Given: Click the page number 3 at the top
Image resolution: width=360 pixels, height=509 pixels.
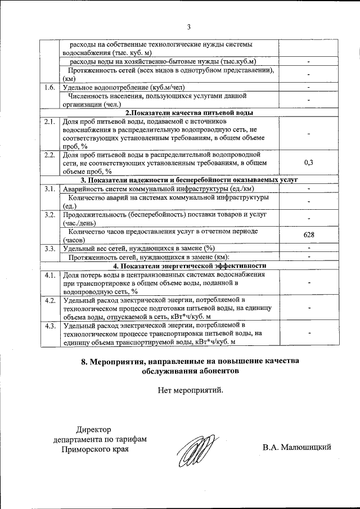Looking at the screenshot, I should pyautogui.click(x=189, y=27).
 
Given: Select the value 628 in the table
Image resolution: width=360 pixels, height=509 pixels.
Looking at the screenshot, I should pyautogui.click(x=308, y=235).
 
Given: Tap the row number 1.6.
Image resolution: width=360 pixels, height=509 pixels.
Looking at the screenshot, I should pyautogui.click(x=49, y=88).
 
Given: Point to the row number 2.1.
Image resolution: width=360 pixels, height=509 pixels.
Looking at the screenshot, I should pyautogui.click(x=49, y=121).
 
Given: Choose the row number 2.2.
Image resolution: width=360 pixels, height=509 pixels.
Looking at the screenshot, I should pyautogui.click(x=49, y=154).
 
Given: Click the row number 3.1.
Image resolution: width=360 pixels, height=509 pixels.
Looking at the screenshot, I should pyautogui.click(x=49, y=188).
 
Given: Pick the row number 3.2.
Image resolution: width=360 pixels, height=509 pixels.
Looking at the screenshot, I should pyautogui.click(x=49, y=215).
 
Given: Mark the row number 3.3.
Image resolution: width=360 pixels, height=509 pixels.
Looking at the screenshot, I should pyautogui.click(x=49, y=248).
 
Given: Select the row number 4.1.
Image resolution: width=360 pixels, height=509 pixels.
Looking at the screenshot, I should pyautogui.click(x=49, y=274).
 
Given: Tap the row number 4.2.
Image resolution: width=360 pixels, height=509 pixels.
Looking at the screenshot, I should pyautogui.click(x=49, y=300).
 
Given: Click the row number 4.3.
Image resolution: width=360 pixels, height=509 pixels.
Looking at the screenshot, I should pyautogui.click(x=49, y=326).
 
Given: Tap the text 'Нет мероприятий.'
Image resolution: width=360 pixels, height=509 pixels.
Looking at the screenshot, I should pyautogui.click(x=190, y=389).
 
